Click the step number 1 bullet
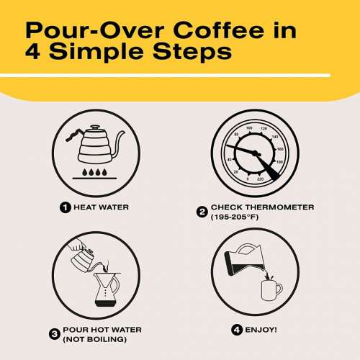(66, 208)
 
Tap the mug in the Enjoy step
(271, 289)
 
